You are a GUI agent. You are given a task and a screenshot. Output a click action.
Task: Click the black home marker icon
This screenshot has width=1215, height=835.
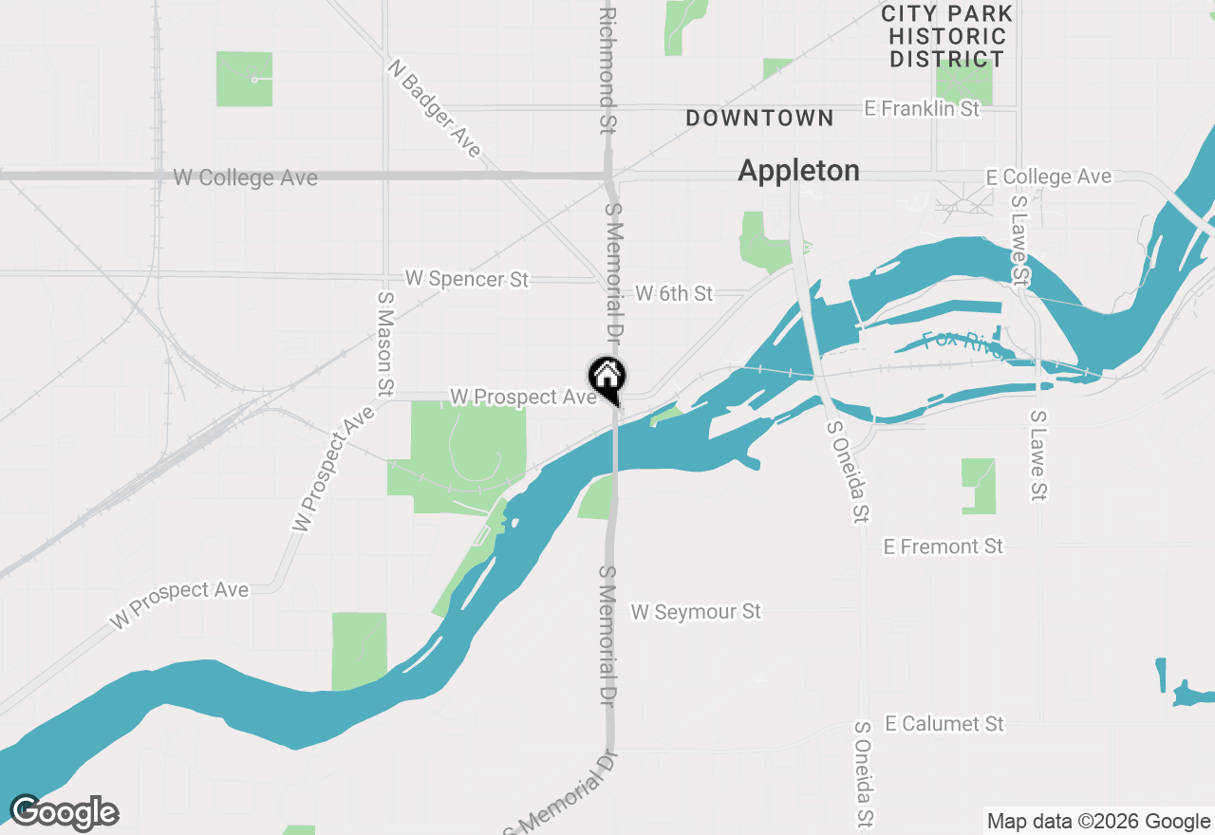coord(607,378)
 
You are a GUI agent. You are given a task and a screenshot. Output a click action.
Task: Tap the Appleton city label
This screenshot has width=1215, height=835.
coord(798,171)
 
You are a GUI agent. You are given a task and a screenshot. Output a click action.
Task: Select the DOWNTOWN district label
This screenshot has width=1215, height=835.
coord(759,119)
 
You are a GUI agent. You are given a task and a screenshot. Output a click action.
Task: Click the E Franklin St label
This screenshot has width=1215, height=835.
coord(922,109)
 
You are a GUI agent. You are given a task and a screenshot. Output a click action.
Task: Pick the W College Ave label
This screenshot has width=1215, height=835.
coord(245,178)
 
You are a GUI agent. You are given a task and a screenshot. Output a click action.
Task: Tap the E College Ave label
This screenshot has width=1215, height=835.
coord(1048,177)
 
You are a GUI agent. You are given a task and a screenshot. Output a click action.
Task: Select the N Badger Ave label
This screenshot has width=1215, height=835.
coord(435,108)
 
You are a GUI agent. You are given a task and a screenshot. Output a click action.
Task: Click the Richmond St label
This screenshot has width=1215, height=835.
coord(607,71)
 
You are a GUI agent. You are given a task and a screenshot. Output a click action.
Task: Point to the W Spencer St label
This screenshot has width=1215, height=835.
coord(466,279)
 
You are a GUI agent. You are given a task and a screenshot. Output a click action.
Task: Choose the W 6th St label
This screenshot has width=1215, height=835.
coord(673,293)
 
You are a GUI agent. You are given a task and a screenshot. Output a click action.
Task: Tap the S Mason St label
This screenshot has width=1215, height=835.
coord(385,343)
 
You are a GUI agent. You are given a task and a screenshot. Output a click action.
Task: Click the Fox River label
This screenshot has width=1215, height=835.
coord(962,343)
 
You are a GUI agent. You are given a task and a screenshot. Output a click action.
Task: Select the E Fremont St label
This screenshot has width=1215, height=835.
coord(943,547)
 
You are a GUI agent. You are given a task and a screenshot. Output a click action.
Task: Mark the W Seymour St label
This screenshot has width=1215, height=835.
coord(696,612)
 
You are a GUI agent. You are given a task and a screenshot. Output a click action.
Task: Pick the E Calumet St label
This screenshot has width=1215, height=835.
coord(944,724)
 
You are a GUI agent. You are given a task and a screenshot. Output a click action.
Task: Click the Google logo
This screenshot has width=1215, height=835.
coord(64,812)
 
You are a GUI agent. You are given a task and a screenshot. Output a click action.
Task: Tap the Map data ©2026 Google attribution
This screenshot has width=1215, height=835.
coord(1098,822)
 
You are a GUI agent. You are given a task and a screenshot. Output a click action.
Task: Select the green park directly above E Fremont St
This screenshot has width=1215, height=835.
coord(979,486)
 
